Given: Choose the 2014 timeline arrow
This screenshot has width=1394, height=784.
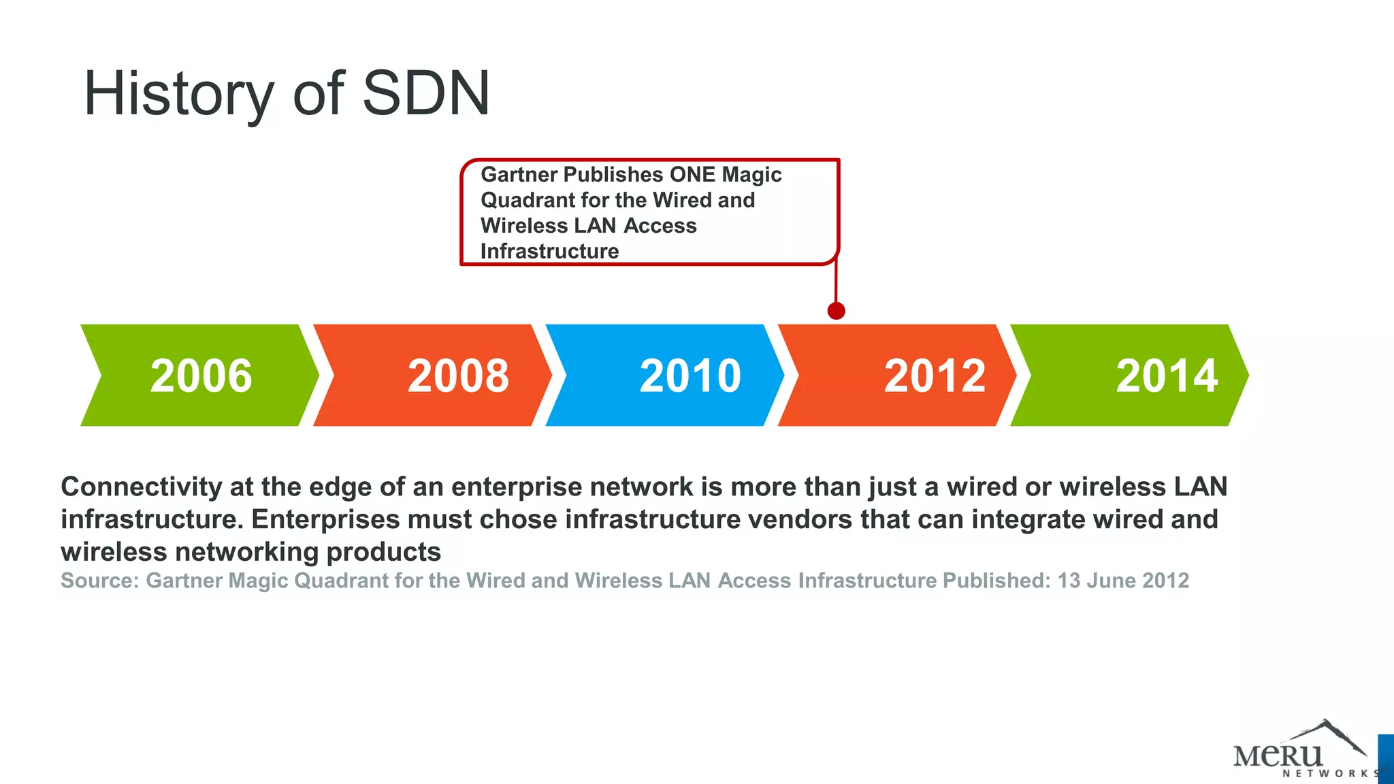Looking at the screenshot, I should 1130,375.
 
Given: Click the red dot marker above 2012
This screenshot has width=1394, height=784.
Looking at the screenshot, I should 836,311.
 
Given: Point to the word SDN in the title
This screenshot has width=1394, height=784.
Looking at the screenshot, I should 426,93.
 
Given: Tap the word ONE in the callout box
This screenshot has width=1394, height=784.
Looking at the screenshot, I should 692,174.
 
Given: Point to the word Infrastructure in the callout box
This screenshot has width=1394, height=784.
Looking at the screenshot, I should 549,251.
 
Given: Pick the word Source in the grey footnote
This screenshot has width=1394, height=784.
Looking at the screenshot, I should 99,581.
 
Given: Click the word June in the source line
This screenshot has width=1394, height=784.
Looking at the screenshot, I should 1111,581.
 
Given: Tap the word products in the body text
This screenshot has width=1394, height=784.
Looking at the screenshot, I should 383,552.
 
